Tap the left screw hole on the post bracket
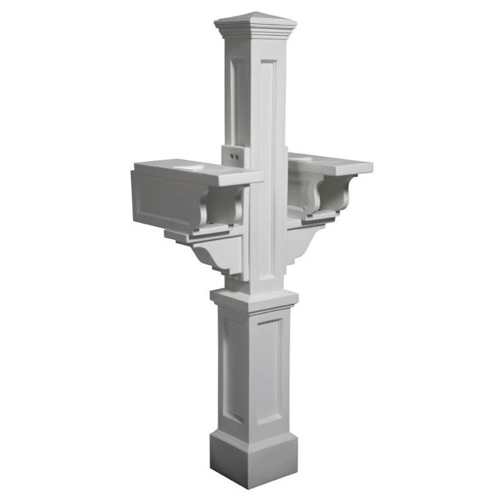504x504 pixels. [231, 153]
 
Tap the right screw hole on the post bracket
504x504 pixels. [238, 154]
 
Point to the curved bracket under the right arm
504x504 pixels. [302, 243]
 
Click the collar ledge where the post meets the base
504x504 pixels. [255, 299]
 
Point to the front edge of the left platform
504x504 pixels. [239, 180]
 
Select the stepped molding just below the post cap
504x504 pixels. [255, 31]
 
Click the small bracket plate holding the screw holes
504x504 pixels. [234, 154]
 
